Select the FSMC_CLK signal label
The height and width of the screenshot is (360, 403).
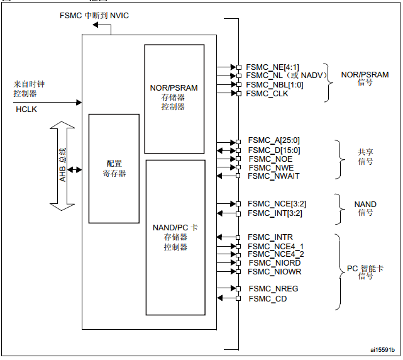(x=267, y=94)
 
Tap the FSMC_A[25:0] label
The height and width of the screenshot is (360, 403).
(x=273, y=141)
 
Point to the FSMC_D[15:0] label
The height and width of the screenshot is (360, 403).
(x=273, y=150)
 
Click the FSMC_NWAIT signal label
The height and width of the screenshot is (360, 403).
(x=273, y=176)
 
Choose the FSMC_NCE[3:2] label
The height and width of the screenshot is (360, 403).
(x=277, y=204)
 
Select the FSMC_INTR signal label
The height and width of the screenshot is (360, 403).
(x=270, y=237)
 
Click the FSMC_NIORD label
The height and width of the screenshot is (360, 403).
(x=274, y=263)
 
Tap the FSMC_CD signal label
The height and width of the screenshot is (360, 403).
(x=267, y=298)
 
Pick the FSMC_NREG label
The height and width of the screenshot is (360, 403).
(x=273, y=289)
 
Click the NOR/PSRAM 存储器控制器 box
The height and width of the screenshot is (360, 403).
(x=174, y=98)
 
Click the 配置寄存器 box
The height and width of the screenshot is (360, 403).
(x=114, y=168)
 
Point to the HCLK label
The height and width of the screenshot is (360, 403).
(x=27, y=110)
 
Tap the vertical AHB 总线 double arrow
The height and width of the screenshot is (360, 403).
(x=62, y=167)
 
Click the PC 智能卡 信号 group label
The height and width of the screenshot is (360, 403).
(x=365, y=273)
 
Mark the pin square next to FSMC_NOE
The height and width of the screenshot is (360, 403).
(x=238, y=159)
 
